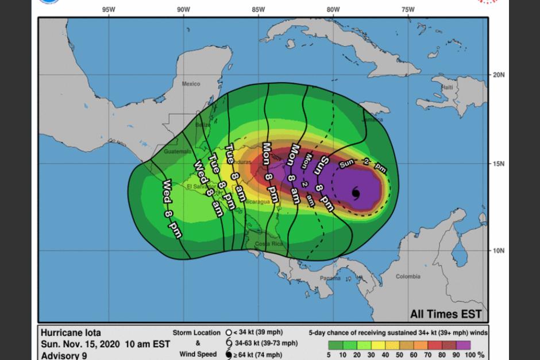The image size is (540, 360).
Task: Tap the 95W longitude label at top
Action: click(108, 9)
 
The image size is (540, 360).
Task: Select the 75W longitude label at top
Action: click(408, 9)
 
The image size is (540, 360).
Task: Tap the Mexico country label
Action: click(191, 84)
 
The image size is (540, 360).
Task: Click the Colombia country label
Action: click(407, 277)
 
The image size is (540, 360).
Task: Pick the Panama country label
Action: click(330, 278)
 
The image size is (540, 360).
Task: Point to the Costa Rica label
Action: click(267, 244)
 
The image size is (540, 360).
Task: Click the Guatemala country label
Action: click(176, 152)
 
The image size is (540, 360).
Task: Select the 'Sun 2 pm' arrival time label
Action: click(362, 166)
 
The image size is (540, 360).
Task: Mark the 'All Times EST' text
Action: click(445, 314)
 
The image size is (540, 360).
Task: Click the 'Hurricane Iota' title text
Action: click(70, 332)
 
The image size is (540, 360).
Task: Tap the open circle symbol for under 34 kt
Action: click(228, 332)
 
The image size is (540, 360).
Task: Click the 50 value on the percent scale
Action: click(398, 355)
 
